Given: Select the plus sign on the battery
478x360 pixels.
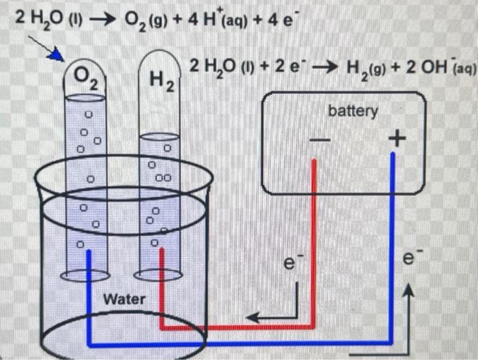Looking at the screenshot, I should [x=395, y=140].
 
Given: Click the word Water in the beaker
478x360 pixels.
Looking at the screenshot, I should [x=124, y=299].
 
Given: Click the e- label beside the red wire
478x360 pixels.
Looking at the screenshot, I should [x=292, y=262].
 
